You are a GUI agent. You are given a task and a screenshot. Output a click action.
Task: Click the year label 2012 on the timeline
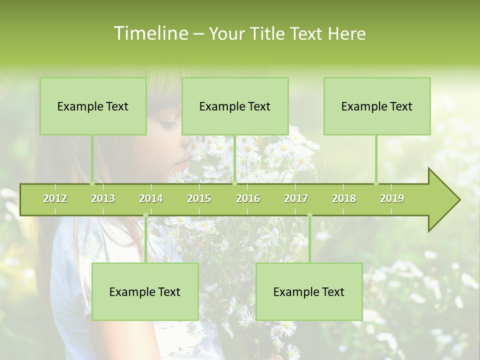pos(55,198)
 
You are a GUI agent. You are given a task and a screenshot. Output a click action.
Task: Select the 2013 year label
pos(103,198)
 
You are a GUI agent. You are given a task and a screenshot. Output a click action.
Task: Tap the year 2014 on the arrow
pos(151,198)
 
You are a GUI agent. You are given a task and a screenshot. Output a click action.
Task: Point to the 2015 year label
pos(199,198)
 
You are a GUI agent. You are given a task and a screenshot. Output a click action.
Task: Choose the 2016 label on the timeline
pos(248,198)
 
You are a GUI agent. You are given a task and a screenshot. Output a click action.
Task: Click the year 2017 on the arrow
pos(296,198)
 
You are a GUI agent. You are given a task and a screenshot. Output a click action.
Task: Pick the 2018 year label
pos(344,198)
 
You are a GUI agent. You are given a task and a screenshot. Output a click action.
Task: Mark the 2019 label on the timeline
pos(392,198)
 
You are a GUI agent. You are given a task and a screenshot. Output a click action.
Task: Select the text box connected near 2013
pos(93,106)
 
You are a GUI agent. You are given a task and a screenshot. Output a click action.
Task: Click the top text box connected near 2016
pos(235,106)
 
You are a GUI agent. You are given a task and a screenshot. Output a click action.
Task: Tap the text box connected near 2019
pos(377,106)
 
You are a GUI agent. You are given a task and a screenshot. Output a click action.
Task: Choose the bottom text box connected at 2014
pos(145,291)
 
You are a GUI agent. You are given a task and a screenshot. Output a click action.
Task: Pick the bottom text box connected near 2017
pos(309,291)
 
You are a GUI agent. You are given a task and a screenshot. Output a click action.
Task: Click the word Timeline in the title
pos(149,33)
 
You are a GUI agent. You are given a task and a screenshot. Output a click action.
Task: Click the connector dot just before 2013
pos(92,183)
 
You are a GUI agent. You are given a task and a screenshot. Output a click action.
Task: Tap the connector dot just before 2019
pos(376,183)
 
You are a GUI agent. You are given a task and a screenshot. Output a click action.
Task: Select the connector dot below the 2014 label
pos(145,215)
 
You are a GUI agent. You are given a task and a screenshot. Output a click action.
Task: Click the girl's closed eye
pos(167,123)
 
